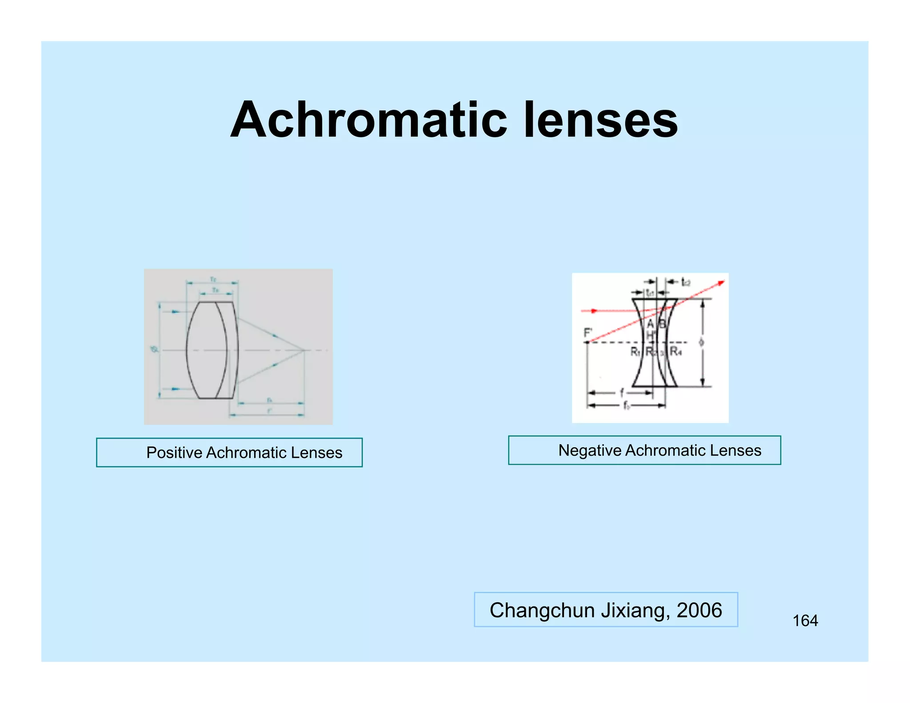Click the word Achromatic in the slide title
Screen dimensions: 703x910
368,120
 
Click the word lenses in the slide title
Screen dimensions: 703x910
601,120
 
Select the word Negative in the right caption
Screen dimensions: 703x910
590,451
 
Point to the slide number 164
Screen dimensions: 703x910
805,621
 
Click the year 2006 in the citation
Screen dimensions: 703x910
699,610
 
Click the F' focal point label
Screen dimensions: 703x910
588,333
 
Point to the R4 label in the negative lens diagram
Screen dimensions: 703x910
675,351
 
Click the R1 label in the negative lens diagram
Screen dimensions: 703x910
635,352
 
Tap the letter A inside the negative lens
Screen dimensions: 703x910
650,324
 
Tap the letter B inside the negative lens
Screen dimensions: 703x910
662,324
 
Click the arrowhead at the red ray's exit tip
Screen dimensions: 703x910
722,283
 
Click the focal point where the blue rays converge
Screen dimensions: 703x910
304,351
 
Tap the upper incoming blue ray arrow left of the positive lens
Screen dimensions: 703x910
175,312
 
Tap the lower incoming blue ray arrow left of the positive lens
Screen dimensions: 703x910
175,389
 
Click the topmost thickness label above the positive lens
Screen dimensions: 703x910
213,279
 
